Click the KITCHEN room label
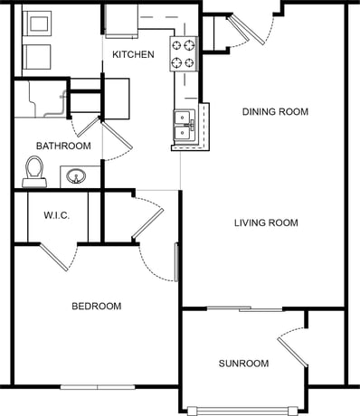(133, 54)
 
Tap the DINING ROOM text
(275, 112)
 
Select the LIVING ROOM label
(266, 222)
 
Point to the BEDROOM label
(97, 307)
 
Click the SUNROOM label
(243, 364)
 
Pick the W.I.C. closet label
(57, 215)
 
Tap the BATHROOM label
(63, 146)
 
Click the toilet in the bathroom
(34, 172)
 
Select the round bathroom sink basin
(76, 176)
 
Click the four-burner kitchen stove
(184, 54)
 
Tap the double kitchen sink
(184, 125)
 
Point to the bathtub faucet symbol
(62, 97)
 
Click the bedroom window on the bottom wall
(98, 387)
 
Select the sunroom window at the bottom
(242, 411)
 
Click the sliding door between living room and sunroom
(244, 308)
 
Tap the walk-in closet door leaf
(53, 257)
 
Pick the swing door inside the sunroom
(292, 353)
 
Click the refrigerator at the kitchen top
(121, 21)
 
